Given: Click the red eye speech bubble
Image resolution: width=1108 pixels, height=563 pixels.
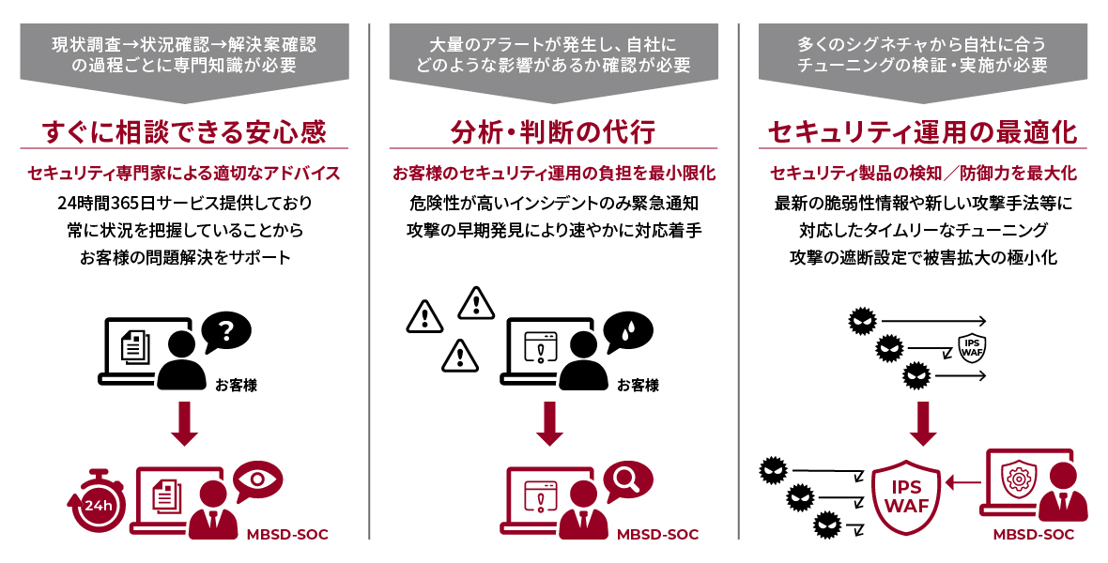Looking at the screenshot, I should point(257,479).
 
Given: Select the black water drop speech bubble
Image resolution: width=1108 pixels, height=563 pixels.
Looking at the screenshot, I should point(627,330).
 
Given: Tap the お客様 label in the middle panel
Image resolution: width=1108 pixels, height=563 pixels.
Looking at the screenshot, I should point(638,385).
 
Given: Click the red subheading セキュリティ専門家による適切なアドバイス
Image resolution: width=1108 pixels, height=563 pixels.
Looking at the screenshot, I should point(184,174).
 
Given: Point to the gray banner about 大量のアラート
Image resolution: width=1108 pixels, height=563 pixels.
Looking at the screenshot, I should point(553,55).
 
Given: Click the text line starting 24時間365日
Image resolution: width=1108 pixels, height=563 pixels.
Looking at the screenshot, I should point(184,202).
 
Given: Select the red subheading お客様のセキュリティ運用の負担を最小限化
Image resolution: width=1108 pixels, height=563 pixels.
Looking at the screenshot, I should point(553,174).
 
